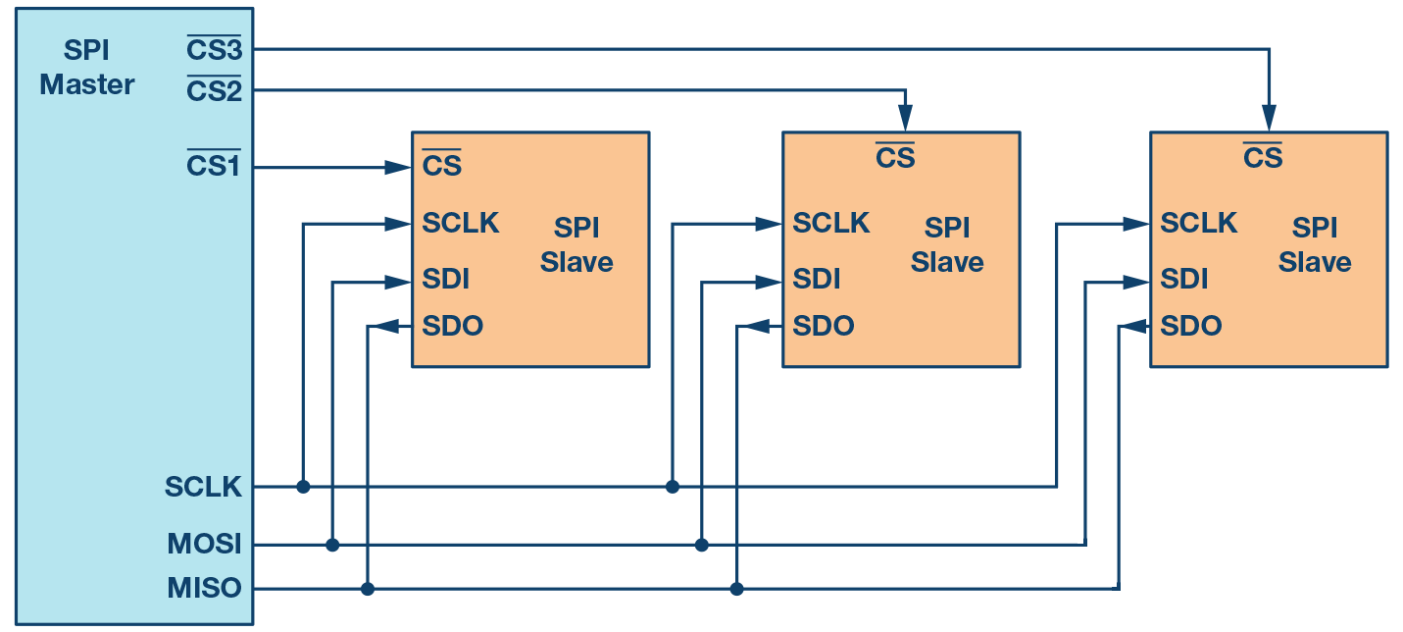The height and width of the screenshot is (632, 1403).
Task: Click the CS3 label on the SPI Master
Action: (214, 48)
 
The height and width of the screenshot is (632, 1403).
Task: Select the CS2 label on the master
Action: (214, 90)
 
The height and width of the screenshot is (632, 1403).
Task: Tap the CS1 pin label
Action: (214, 167)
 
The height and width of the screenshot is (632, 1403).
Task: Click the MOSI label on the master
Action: (205, 544)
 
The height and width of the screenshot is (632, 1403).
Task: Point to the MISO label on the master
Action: (204, 589)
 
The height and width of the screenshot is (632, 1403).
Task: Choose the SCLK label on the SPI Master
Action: (203, 487)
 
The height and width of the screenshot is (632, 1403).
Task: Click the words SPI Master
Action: (87, 68)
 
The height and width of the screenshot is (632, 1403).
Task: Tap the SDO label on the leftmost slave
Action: (453, 326)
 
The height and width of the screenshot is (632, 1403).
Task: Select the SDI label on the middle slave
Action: (817, 280)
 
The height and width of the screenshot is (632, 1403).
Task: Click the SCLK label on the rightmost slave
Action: (1198, 223)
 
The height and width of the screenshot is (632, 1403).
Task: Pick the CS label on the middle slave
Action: (894, 156)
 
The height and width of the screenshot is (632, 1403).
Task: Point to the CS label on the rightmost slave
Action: (1262, 156)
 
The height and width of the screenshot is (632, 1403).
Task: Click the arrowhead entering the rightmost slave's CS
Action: (1270, 120)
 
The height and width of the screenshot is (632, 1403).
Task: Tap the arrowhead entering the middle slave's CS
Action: (906, 120)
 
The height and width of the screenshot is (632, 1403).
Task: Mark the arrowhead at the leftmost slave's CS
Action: (398, 168)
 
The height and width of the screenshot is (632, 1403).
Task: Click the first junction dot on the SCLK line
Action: (303, 487)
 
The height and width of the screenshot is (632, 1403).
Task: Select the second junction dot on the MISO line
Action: (737, 589)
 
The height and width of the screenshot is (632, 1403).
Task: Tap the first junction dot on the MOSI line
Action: (332, 545)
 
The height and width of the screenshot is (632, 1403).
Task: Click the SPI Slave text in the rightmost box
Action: (1315, 245)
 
